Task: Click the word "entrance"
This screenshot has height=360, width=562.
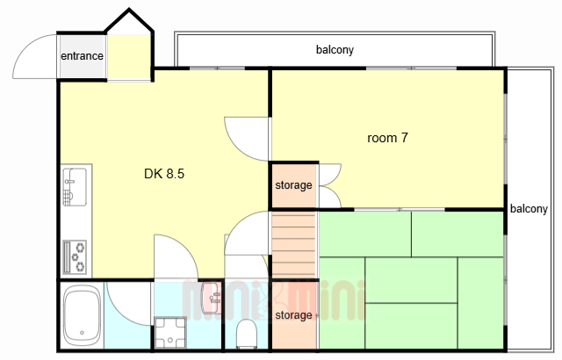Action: tap(82, 56)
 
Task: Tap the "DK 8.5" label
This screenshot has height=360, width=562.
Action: tap(164, 174)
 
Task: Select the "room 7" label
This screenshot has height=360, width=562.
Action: tap(387, 138)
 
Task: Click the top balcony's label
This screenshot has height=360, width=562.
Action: tap(335, 49)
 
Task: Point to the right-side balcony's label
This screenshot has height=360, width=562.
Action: tap(529, 208)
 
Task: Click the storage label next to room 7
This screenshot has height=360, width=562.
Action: tap(293, 185)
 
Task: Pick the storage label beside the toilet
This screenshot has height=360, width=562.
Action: tap(293, 315)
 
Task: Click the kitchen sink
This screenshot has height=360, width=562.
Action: tap(75, 187)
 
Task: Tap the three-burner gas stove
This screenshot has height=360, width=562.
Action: tap(75, 257)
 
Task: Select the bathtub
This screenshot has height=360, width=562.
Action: tap(82, 315)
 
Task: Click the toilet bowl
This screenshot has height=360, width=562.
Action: tap(247, 334)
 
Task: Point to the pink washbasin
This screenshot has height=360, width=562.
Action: tap(212, 298)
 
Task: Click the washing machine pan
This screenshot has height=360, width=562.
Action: tap(170, 333)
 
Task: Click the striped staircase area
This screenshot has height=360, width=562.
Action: tap(294, 245)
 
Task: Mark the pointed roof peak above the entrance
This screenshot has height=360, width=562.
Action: tap(129, 10)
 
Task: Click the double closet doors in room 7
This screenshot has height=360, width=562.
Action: tap(330, 185)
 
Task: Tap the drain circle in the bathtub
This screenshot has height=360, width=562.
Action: tap(82, 333)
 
